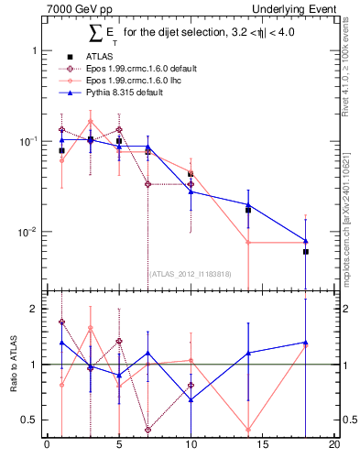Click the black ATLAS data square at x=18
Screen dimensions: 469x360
coord(306,251)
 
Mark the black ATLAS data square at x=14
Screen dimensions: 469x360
coord(248,210)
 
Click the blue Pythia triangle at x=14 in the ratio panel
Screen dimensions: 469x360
coord(248,353)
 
